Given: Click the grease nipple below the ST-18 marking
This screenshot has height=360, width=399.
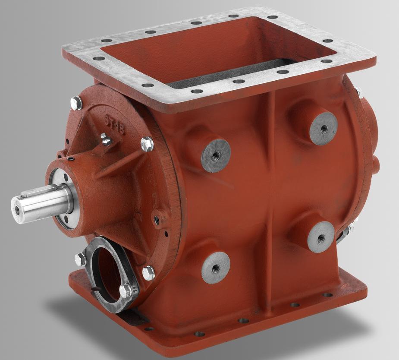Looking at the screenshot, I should click(105, 139).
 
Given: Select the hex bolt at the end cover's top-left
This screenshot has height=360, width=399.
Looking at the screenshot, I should click(76, 103).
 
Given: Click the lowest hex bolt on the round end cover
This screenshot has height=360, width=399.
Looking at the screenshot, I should click(148, 272).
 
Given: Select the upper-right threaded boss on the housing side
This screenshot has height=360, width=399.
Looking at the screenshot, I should click(323, 128).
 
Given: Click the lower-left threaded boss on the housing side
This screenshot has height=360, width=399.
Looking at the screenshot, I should click(216, 268).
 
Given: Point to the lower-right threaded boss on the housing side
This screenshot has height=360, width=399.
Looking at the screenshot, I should click(321, 237).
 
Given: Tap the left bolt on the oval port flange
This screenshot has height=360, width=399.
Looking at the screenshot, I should click(80, 259).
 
